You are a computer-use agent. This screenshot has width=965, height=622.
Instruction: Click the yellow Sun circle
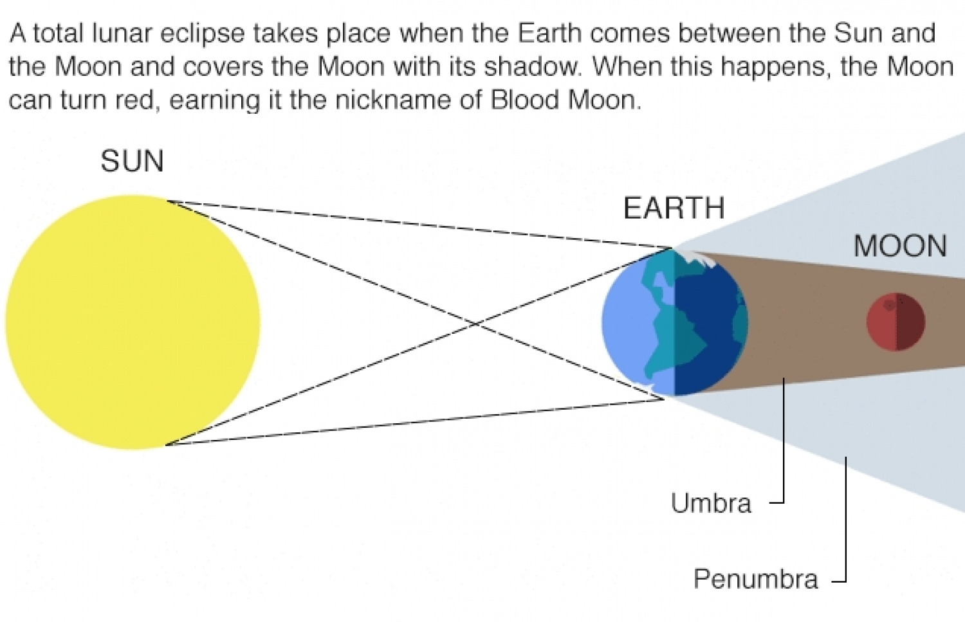(133, 322)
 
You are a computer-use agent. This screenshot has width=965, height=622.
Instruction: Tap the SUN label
(133, 161)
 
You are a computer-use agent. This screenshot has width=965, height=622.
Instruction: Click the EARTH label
(674, 208)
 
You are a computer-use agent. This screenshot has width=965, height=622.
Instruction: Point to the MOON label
(900, 246)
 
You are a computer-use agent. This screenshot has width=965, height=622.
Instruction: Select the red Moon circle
(896, 322)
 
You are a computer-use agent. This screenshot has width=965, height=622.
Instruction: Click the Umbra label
(712, 503)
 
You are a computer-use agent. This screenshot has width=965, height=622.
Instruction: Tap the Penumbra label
(756, 578)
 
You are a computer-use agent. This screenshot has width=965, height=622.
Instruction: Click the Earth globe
(675, 322)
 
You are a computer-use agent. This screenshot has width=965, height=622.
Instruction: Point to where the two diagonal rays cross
(475, 323)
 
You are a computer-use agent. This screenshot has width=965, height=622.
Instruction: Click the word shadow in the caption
(533, 67)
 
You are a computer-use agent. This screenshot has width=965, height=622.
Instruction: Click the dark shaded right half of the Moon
(911, 322)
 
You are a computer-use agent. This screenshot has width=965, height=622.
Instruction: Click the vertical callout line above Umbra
(784, 440)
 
